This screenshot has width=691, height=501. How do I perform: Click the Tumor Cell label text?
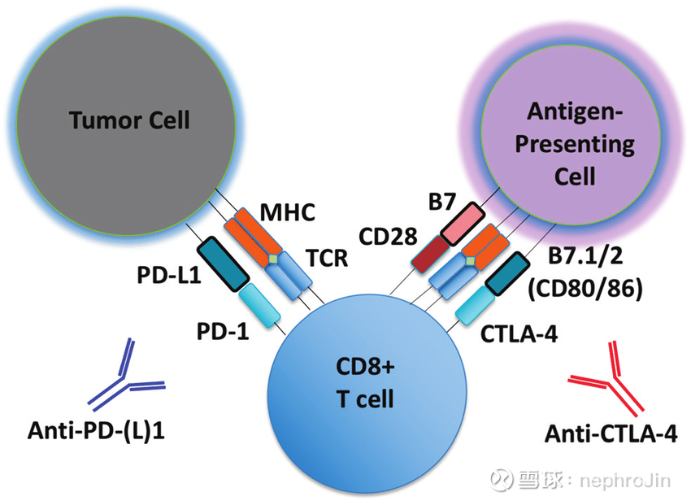[129, 120]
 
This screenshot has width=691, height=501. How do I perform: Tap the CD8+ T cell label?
[365, 383]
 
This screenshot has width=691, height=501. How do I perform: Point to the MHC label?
[287, 212]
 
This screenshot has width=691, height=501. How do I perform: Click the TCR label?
[327, 258]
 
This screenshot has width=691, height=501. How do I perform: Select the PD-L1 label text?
[169, 275]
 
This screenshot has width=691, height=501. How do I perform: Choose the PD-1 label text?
[223, 331]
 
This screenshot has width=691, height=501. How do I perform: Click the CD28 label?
[388, 237]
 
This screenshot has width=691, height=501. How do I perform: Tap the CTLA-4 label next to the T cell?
[519, 333]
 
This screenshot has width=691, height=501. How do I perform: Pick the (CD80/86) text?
[585, 289]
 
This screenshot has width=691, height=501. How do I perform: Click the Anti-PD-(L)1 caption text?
[96, 430]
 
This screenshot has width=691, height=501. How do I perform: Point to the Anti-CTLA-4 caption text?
[611, 434]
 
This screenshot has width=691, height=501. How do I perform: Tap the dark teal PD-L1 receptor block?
[224, 264]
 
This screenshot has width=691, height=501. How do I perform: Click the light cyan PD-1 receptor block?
[260, 305]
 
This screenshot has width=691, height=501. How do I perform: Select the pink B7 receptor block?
[463, 224]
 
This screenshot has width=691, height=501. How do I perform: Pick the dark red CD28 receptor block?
[430, 254]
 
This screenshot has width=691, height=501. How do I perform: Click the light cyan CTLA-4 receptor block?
[475, 305]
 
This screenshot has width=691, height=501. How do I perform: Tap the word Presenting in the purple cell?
[575, 145]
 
